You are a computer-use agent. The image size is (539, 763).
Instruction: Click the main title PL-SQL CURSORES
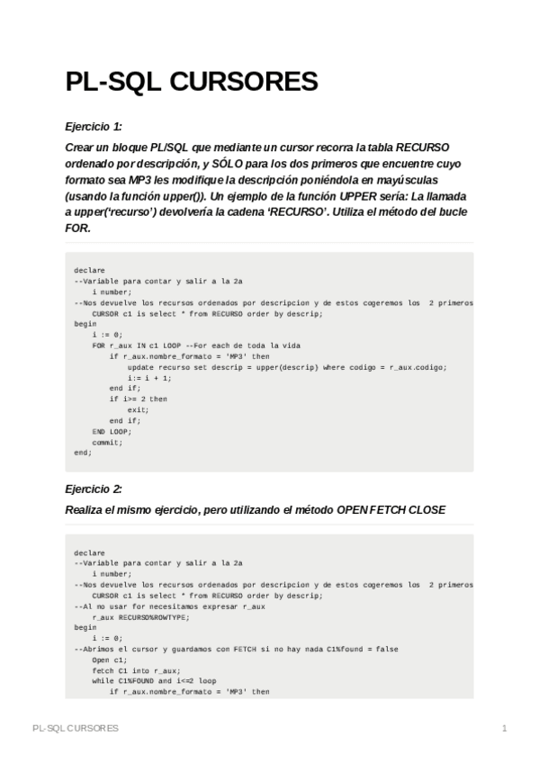point(192,83)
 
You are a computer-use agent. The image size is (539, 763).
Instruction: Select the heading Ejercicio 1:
point(94,126)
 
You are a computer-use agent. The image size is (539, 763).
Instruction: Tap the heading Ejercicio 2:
point(94,489)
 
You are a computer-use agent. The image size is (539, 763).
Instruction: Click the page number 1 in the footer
point(505,727)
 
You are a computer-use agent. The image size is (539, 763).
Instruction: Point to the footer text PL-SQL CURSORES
point(75,727)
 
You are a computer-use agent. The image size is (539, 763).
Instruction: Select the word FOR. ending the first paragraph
point(78,229)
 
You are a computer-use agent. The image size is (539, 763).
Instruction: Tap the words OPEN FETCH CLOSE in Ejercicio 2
point(391,509)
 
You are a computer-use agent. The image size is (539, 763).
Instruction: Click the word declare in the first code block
point(90,270)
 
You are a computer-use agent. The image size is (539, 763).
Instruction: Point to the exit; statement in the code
point(138,409)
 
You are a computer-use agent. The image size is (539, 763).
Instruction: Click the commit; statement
point(107,442)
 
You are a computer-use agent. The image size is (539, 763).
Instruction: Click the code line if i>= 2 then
point(139,399)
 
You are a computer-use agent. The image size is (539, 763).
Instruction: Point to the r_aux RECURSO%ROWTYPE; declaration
point(140,617)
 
